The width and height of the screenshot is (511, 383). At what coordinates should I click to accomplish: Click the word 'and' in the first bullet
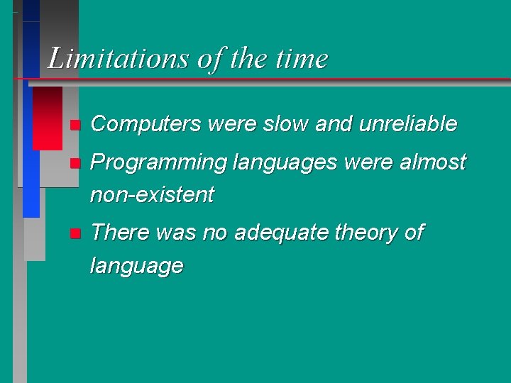(x=334, y=125)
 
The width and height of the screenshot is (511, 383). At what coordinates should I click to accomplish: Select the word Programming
(x=158, y=162)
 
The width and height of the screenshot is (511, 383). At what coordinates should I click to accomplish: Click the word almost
(x=433, y=162)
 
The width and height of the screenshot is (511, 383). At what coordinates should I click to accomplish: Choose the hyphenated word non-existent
(x=153, y=195)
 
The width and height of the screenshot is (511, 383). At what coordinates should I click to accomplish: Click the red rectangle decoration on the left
(x=48, y=118)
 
